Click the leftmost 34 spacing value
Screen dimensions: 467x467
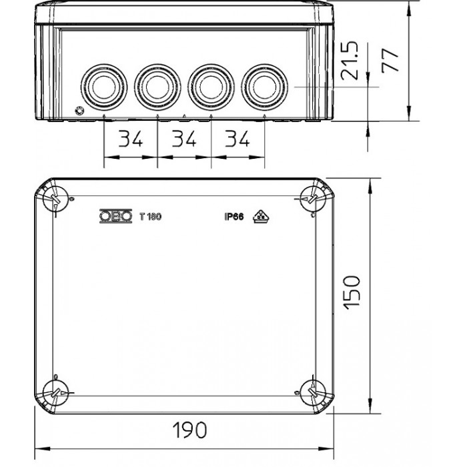[x=131, y=139]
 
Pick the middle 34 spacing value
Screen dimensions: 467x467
[x=185, y=139]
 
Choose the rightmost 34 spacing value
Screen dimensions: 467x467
[x=238, y=139]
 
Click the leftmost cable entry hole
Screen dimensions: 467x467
[x=103, y=87]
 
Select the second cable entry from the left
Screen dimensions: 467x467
[x=157, y=87]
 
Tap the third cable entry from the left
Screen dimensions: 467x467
[x=211, y=87]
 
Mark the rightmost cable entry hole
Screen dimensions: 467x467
[x=265, y=87]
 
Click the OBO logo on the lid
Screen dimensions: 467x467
[x=113, y=216]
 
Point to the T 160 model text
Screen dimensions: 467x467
[x=151, y=216]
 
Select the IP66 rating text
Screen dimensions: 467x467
[x=234, y=216]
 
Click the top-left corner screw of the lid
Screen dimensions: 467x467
[x=53, y=198]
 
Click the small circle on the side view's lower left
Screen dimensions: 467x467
[x=81, y=111]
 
